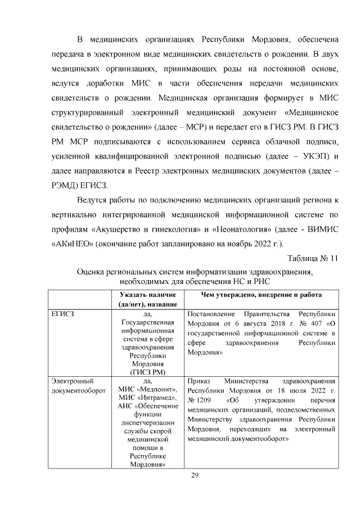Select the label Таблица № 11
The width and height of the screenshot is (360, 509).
coord(312,259)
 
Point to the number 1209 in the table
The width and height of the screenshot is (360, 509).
coord(202,400)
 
